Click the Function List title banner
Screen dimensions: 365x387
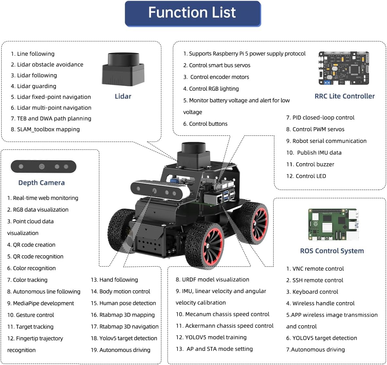click(x=193, y=13)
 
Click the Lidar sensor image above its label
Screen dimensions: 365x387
click(x=123, y=69)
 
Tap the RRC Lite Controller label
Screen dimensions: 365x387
click(x=345, y=96)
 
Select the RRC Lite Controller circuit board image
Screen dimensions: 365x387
click(x=344, y=68)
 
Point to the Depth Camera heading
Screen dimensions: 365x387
click(x=42, y=183)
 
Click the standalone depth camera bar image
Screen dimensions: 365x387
click(x=43, y=167)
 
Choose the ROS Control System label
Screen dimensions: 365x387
click(x=332, y=251)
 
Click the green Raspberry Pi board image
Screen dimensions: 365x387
click(x=333, y=225)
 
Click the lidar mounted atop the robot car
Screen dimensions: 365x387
click(x=194, y=154)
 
